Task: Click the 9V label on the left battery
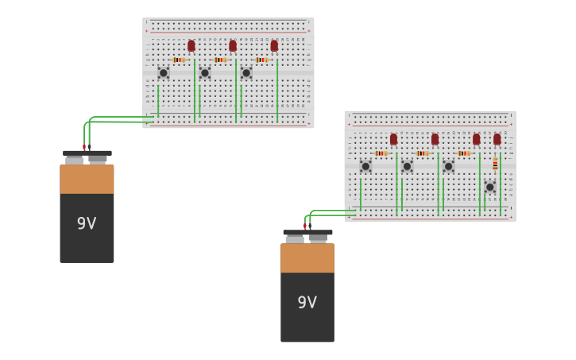tap(87, 223)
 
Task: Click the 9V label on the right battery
tap(307, 302)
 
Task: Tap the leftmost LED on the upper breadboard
tap(191, 46)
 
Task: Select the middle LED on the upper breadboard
tap(233, 46)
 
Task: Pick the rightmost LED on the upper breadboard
tap(274, 46)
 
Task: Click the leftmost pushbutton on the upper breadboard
tap(164, 73)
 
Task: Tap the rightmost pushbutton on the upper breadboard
tap(246, 73)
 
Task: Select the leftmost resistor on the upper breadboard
tap(179, 60)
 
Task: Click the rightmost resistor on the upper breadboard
tap(261, 60)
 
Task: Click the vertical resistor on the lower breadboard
tap(495, 164)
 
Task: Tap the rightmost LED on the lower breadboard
tap(497, 139)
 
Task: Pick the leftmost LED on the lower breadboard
tap(393, 139)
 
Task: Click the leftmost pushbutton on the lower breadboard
tap(365, 166)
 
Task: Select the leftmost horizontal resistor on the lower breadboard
tap(381, 153)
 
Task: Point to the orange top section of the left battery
tap(87, 179)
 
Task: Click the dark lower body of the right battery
tap(307, 314)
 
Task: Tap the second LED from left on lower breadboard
tap(435, 139)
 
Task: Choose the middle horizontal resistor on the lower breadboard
tap(422, 153)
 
